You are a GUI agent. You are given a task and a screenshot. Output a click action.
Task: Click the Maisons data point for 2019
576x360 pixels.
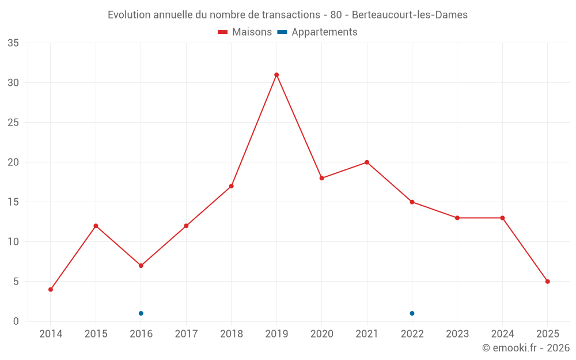pyautogui.click(x=276, y=75)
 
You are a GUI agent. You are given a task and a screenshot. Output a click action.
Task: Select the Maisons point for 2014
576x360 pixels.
pyautogui.click(x=51, y=289)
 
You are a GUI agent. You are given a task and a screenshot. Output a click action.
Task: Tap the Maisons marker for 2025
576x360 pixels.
pyautogui.click(x=548, y=282)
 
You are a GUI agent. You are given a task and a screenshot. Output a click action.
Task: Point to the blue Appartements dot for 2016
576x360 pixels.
pyautogui.click(x=141, y=313)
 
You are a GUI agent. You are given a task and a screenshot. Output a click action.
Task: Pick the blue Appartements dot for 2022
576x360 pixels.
pyautogui.click(x=412, y=313)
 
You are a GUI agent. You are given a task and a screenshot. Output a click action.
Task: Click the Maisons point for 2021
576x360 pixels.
pyautogui.click(x=367, y=162)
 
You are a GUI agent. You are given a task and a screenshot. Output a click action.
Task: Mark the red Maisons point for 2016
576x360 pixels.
pyautogui.click(x=141, y=266)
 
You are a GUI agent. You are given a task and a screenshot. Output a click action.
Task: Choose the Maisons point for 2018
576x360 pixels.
pyautogui.click(x=232, y=186)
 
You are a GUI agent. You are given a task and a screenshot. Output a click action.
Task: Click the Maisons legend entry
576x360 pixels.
pyautogui.click(x=245, y=32)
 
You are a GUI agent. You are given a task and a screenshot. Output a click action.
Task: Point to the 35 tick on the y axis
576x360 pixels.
pyautogui.click(x=13, y=43)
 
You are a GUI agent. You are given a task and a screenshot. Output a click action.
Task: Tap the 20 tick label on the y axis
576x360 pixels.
pyautogui.click(x=13, y=162)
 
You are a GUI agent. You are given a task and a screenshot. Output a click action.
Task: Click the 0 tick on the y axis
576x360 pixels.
pyautogui.click(x=16, y=321)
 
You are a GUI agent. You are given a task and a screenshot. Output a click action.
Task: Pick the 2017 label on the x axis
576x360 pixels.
pyautogui.click(x=186, y=334)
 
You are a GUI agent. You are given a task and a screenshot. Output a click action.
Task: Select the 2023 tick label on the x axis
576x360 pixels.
pyautogui.click(x=457, y=334)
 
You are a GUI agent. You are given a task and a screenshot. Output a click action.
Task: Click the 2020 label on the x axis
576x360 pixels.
pyautogui.click(x=321, y=334)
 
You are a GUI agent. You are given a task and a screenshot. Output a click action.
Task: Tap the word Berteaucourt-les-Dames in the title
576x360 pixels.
pyautogui.click(x=410, y=14)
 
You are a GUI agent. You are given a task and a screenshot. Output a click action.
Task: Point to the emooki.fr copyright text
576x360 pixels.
pyautogui.click(x=526, y=348)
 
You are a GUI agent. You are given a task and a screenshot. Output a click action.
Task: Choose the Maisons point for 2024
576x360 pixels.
pyautogui.click(x=502, y=218)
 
